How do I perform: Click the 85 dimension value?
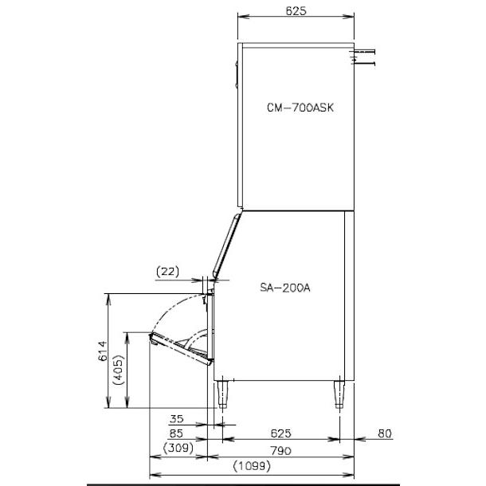click(178, 433)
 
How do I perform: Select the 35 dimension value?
click(178, 417)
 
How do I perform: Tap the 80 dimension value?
click(385, 433)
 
